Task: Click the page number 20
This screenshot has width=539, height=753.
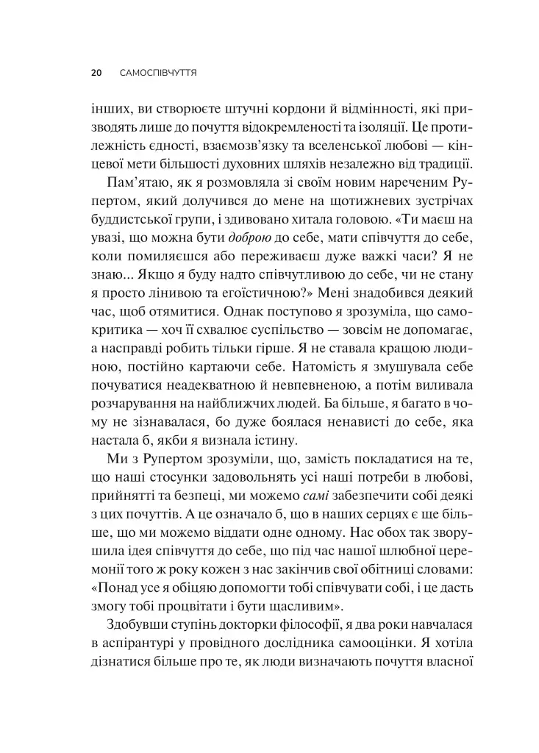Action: pos(96,74)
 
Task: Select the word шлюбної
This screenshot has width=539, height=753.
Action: pos(415,566)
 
